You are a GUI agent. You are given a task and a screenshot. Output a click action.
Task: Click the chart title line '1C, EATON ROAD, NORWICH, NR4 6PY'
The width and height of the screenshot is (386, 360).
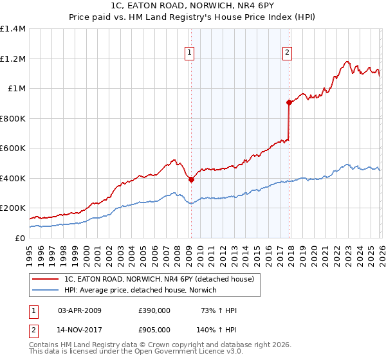tap(193, 6)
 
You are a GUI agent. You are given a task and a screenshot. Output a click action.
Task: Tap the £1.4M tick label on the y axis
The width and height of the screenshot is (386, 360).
tap(13, 29)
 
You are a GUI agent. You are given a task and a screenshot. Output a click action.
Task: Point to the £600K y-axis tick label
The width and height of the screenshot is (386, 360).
tap(13, 148)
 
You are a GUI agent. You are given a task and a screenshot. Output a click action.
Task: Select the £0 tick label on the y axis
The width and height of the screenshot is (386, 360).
tap(19, 238)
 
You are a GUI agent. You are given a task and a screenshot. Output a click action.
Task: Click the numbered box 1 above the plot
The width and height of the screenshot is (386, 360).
tap(190, 53)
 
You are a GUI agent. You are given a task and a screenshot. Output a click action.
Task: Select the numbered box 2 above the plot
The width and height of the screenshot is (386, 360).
tap(287, 53)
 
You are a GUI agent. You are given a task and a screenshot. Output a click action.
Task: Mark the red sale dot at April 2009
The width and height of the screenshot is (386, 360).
tap(191, 180)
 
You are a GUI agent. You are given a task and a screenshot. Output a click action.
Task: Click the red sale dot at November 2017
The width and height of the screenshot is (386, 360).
tap(289, 102)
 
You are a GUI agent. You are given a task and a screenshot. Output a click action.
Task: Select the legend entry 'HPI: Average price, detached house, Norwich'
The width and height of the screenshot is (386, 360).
tap(140, 291)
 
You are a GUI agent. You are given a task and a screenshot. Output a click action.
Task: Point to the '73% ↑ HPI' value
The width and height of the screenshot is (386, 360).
tap(218, 311)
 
